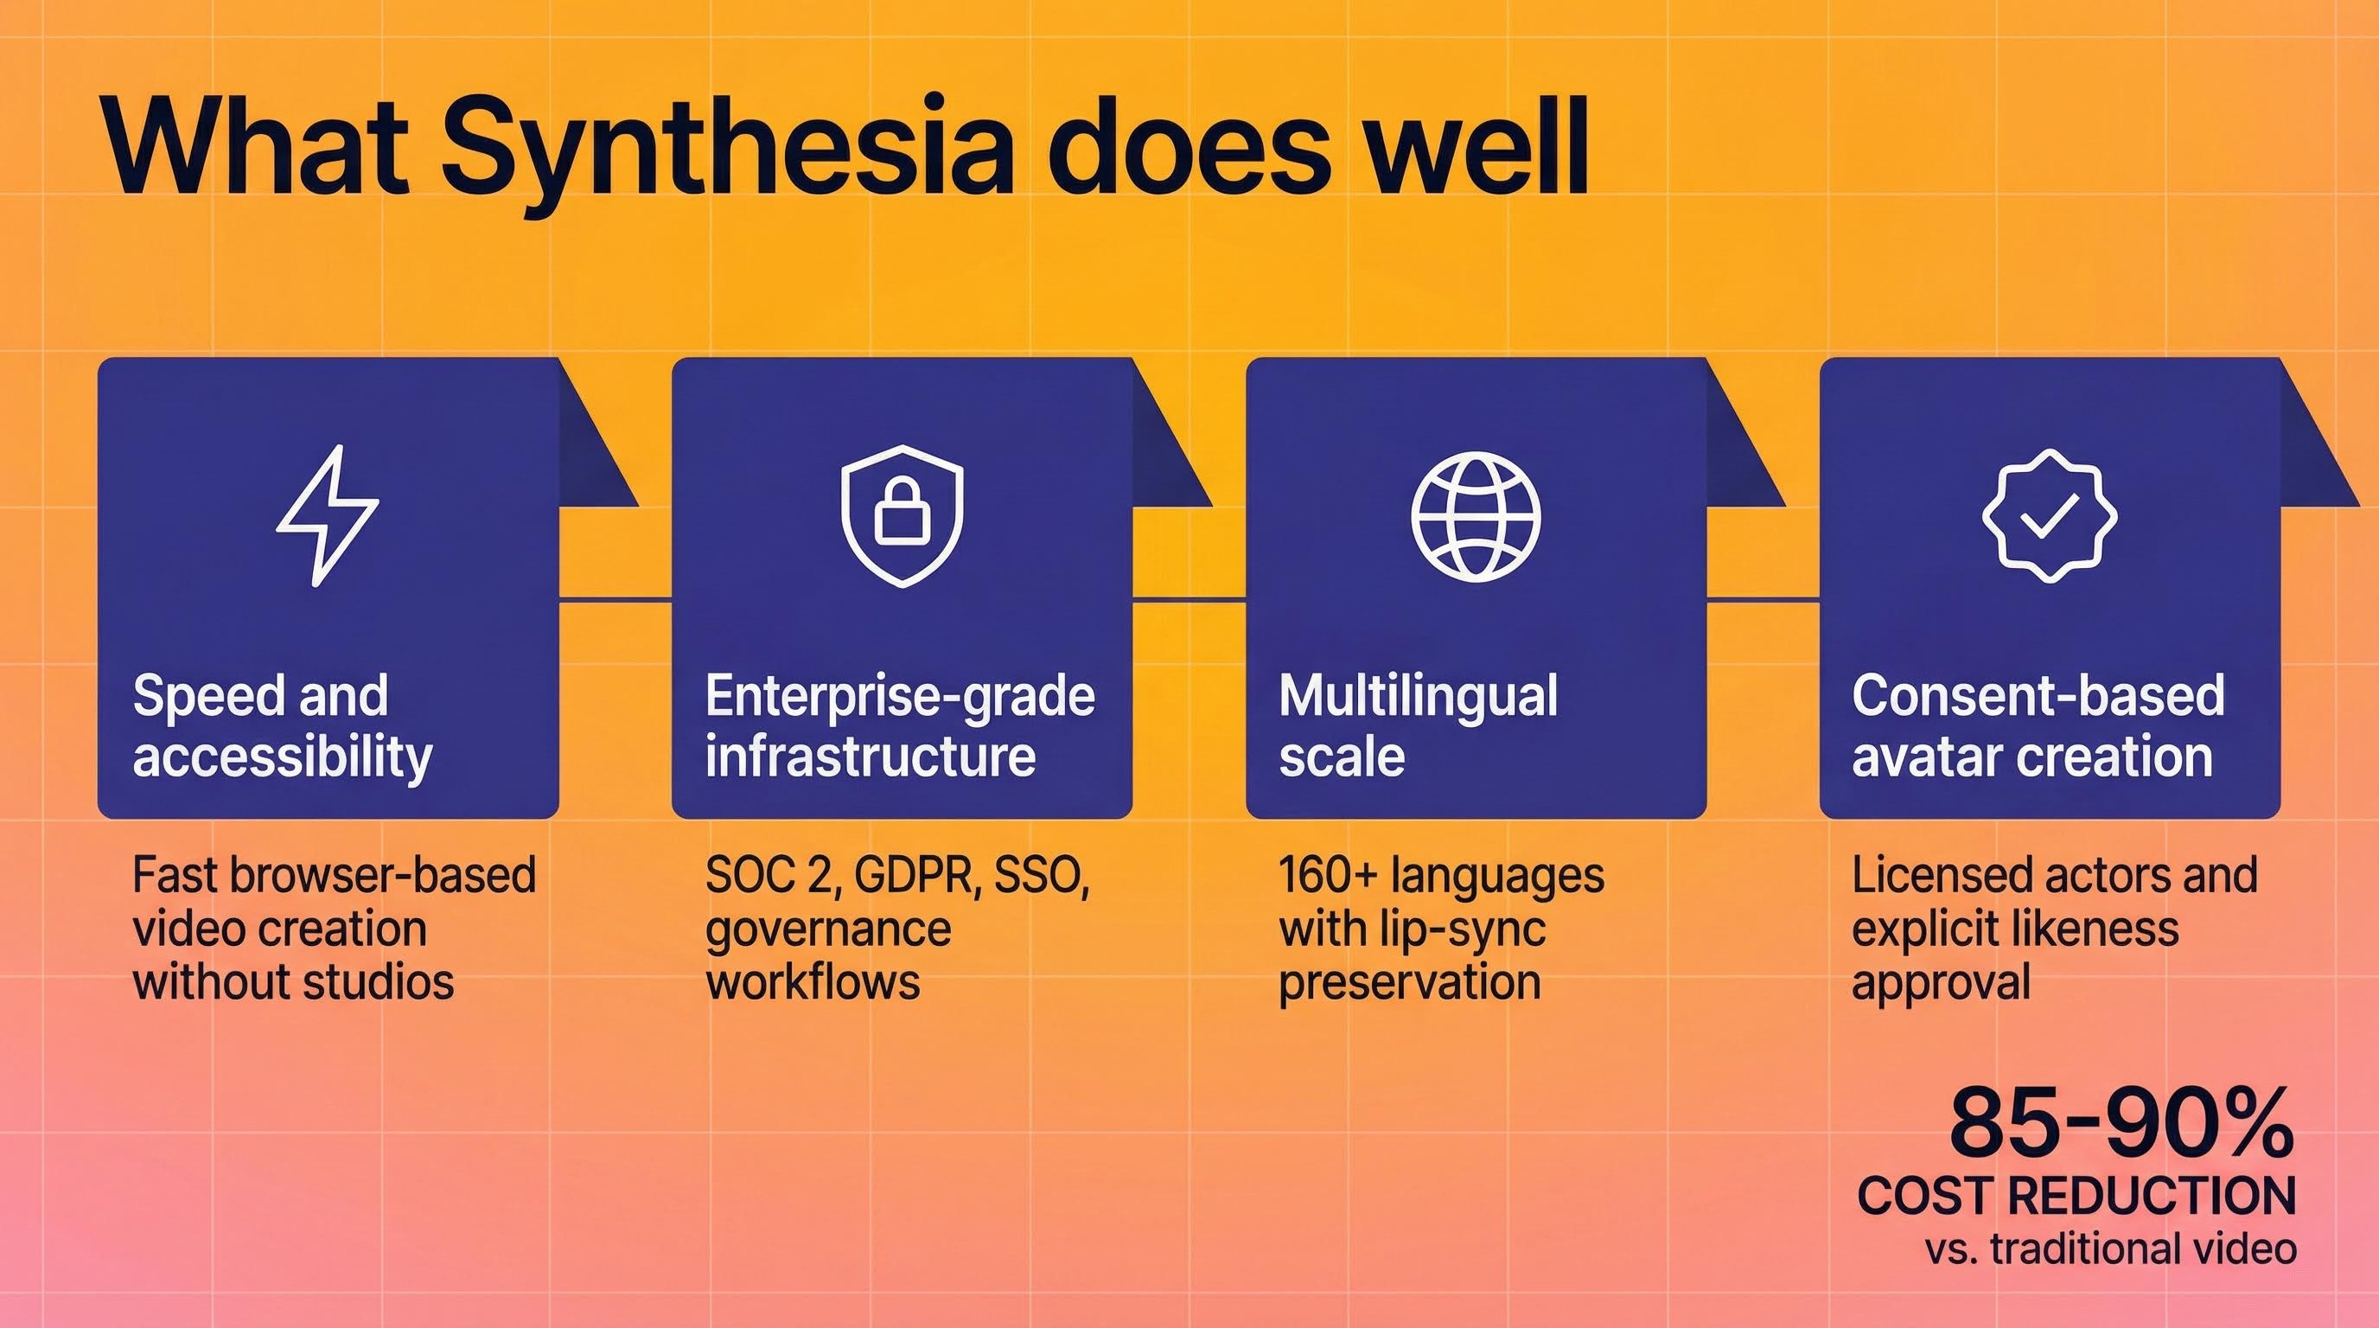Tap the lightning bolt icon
coord(327,515)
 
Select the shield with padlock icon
coord(902,515)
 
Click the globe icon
coord(1476,515)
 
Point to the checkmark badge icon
coord(2050,515)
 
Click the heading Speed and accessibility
coord(283,726)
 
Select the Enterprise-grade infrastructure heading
coord(900,726)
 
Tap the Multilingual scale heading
coord(1418,726)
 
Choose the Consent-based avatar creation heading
coord(2038,726)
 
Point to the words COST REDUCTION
coord(2076,1197)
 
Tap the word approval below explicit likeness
coord(1942,981)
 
